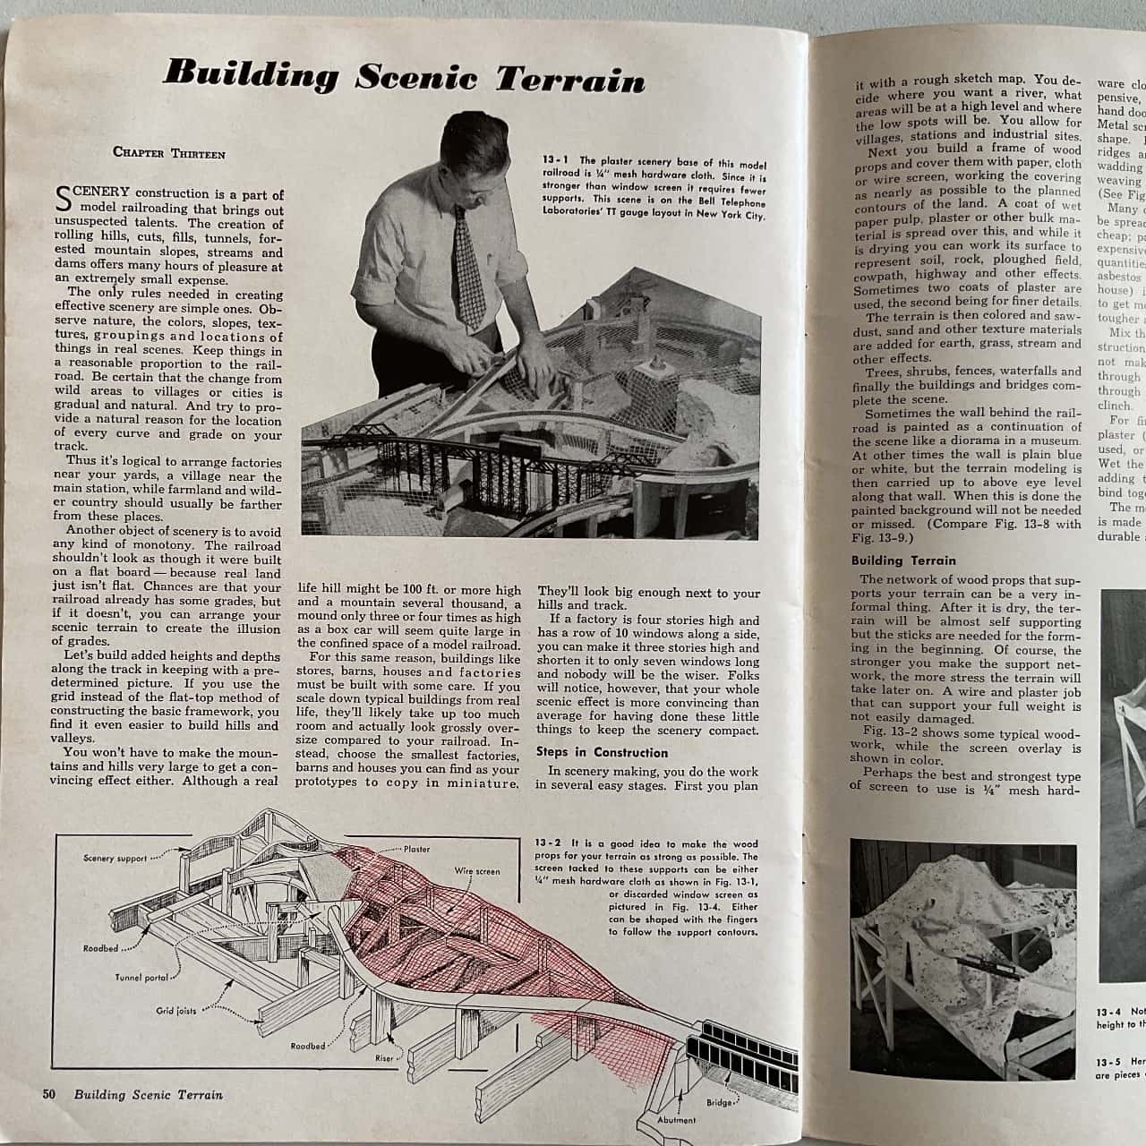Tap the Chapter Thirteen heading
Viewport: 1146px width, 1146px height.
[x=169, y=153]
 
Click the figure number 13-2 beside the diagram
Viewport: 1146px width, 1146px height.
[x=547, y=843]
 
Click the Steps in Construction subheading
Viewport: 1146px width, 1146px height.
[x=602, y=752]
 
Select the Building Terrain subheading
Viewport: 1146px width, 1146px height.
[x=903, y=560]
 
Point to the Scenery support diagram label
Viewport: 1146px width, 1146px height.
[x=115, y=859]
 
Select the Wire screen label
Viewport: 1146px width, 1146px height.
[x=477, y=870]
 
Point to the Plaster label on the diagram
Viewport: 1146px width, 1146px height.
[x=416, y=849]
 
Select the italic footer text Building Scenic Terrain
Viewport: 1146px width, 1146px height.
[x=149, y=1094]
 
